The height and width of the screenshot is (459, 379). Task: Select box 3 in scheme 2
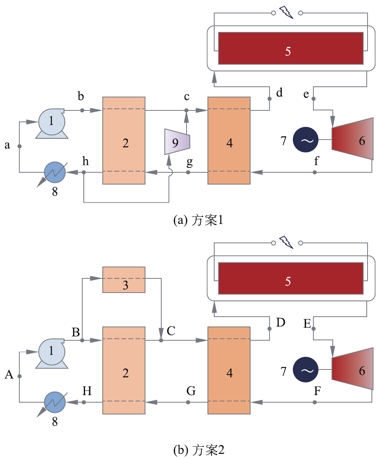(124, 280)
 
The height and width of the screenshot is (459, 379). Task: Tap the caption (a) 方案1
(198, 220)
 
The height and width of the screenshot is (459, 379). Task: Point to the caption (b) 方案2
(199, 450)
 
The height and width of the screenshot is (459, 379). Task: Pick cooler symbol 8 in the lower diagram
(55, 403)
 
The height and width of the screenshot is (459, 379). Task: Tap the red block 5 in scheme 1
(290, 48)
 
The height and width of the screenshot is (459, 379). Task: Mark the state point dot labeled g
(188, 172)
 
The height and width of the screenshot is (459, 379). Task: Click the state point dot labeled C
(161, 340)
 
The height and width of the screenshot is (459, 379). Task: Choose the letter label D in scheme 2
(280, 323)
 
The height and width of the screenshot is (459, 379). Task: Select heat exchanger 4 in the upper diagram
(229, 140)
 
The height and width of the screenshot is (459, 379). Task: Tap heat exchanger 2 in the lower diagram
(124, 370)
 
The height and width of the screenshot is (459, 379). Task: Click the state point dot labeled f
(315, 172)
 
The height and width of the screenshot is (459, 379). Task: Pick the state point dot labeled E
(314, 328)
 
